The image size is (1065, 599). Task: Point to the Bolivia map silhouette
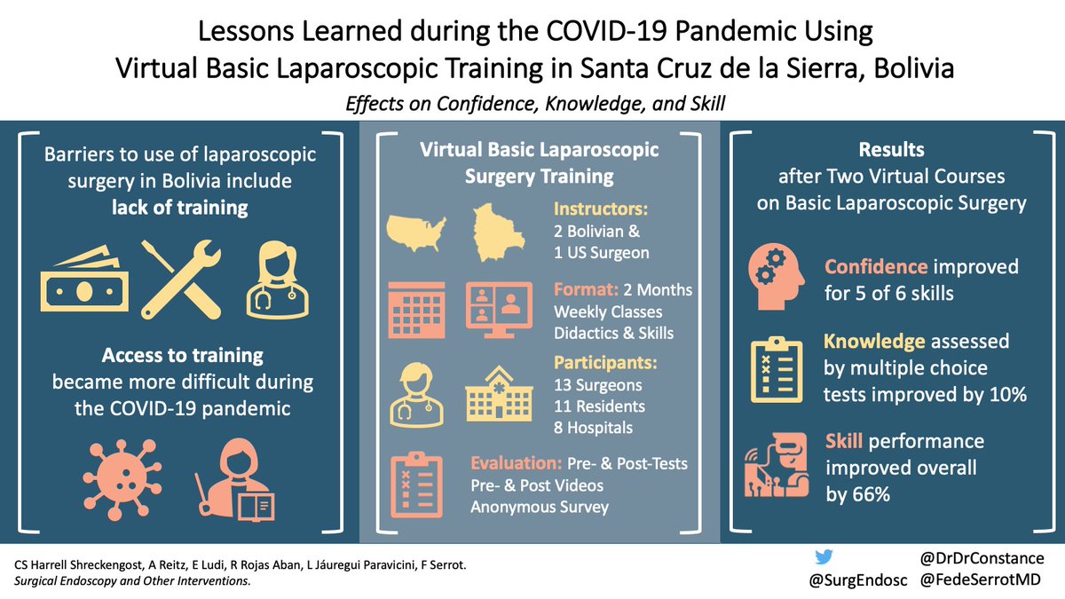click(x=502, y=231)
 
